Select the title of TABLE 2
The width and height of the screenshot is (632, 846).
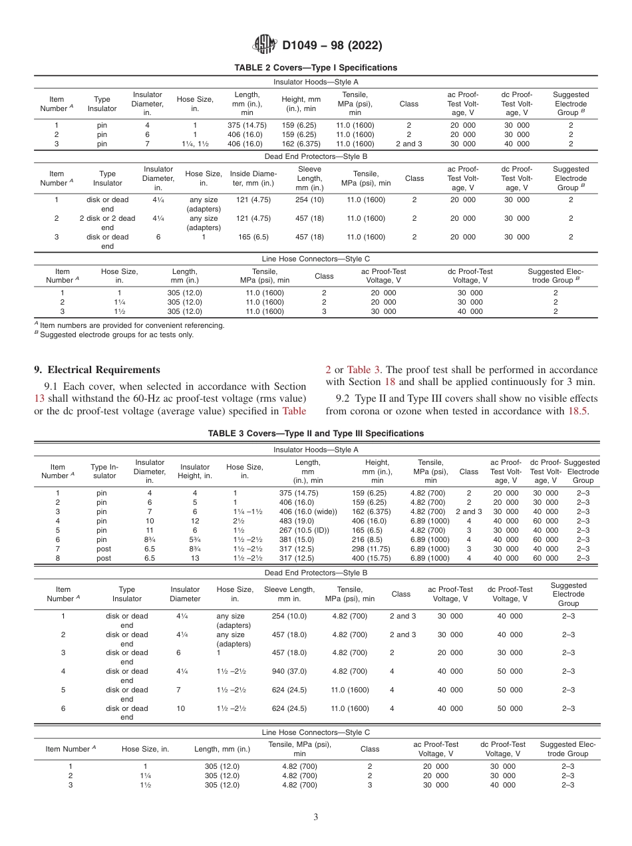click(316, 68)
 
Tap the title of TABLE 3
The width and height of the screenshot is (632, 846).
click(316, 434)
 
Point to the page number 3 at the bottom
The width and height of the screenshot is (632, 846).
click(316, 817)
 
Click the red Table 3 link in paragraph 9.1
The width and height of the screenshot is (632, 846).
click(363, 370)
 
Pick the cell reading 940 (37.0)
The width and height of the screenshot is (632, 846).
click(289, 672)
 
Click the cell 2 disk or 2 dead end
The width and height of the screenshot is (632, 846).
click(107, 223)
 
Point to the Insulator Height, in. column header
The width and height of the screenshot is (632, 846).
click(195, 472)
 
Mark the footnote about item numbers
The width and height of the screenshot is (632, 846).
click(132, 326)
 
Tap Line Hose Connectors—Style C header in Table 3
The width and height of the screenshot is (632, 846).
click(316, 732)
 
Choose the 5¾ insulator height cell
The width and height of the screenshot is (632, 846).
click(195, 539)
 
